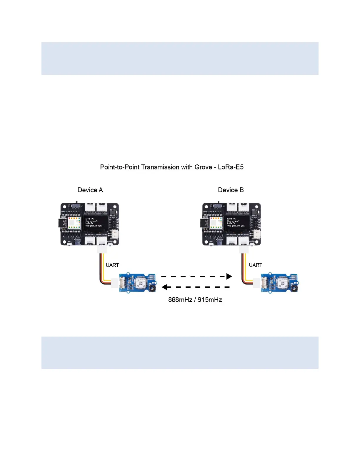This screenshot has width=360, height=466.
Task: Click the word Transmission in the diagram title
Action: pos(160,167)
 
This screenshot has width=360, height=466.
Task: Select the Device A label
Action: pos(90,190)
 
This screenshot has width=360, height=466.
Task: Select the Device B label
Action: pos(231,190)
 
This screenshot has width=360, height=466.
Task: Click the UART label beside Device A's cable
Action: pos(112,265)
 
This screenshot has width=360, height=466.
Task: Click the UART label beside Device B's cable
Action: pos(255,265)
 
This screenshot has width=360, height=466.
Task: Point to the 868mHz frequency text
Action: pos(180,300)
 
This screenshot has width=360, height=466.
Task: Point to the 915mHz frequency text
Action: pos(210,300)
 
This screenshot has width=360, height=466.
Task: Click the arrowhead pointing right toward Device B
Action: pos(229,276)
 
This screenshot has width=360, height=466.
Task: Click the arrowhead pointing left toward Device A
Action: pos(164,287)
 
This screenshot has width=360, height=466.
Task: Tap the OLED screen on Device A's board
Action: pos(95,222)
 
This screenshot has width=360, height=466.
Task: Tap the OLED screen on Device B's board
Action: pos(236,222)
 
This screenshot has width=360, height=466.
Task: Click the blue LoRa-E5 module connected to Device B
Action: pos(280,282)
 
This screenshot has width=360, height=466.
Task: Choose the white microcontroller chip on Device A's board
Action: pos(74,223)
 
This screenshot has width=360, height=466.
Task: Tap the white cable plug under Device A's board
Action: pos(101,249)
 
